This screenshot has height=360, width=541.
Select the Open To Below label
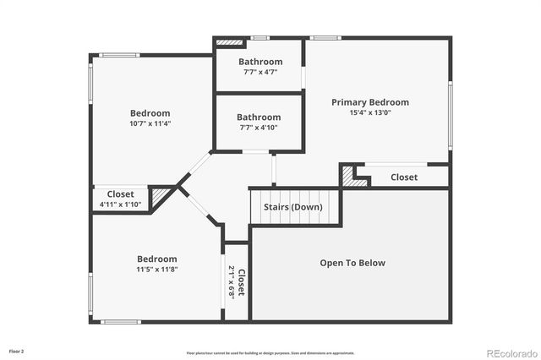point(352,263)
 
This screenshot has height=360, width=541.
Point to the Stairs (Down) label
point(292,206)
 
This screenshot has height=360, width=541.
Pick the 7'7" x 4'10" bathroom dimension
point(259,128)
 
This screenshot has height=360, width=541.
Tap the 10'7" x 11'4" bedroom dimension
point(150,123)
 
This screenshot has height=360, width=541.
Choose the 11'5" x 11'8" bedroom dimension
point(157,270)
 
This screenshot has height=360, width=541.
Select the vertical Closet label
point(241,281)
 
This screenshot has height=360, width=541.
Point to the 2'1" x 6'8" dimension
point(232,281)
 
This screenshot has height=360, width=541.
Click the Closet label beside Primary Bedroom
point(404,177)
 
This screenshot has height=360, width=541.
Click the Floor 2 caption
point(17,350)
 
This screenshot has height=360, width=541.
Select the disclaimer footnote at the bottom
point(270,352)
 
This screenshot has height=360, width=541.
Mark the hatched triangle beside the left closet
point(159,198)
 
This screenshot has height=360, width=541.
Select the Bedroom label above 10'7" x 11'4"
point(150,113)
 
